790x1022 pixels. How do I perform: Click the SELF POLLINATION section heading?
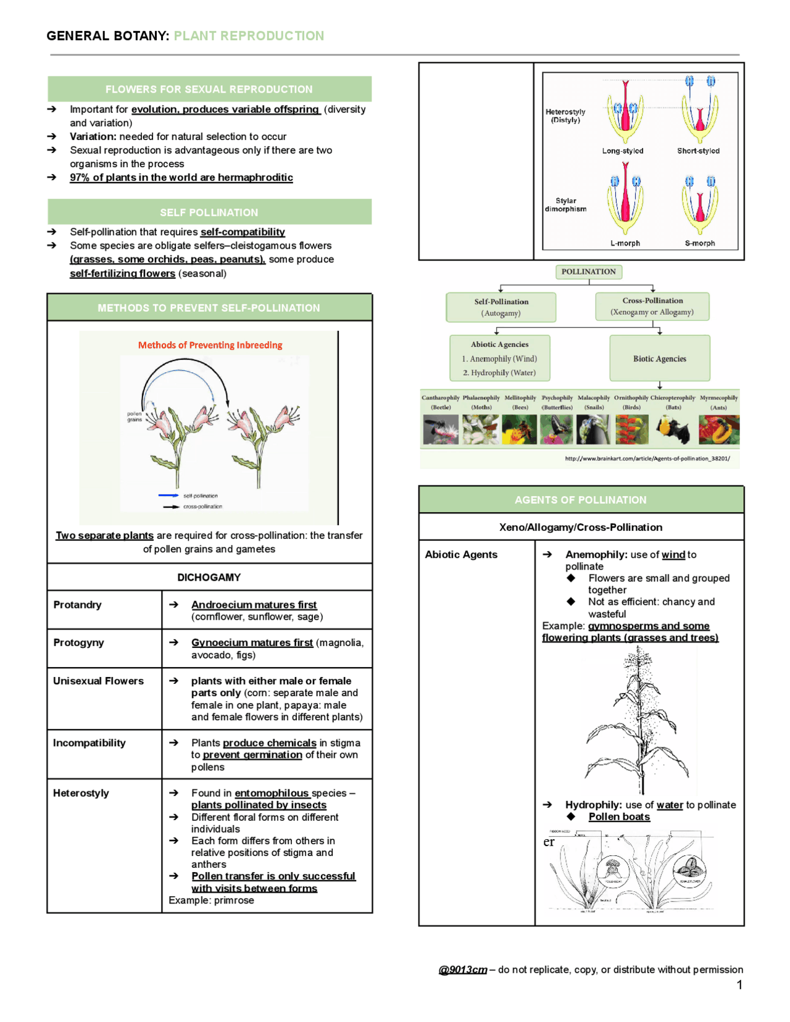(x=209, y=212)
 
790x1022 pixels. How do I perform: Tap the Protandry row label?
(x=77, y=605)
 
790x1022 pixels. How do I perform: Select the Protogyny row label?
(x=78, y=642)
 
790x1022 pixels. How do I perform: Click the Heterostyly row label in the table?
(x=81, y=793)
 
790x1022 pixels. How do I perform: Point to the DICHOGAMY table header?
(x=209, y=578)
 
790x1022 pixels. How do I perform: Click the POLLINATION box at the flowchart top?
(x=588, y=272)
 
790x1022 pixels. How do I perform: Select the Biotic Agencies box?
(x=659, y=359)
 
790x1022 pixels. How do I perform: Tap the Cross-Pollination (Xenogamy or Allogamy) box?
(x=652, y=306)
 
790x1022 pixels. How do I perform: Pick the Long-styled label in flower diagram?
(x=623, y=151)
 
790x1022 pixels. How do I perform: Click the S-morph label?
(x=700, y=243)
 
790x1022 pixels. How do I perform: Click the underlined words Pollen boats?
(x=619, y=816)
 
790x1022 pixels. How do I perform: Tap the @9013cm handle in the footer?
(x=463, y=970)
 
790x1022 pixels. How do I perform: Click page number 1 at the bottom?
(x=739, y=985)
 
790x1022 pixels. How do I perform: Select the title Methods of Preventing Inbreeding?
(x=210, y=345)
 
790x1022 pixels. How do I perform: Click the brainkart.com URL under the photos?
(x=647, y=459)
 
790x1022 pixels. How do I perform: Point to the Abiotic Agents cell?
(x=460, y=554)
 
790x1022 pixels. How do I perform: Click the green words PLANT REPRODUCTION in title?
(x=249, y=36)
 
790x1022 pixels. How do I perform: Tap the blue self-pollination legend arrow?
(x=168, y=496)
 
